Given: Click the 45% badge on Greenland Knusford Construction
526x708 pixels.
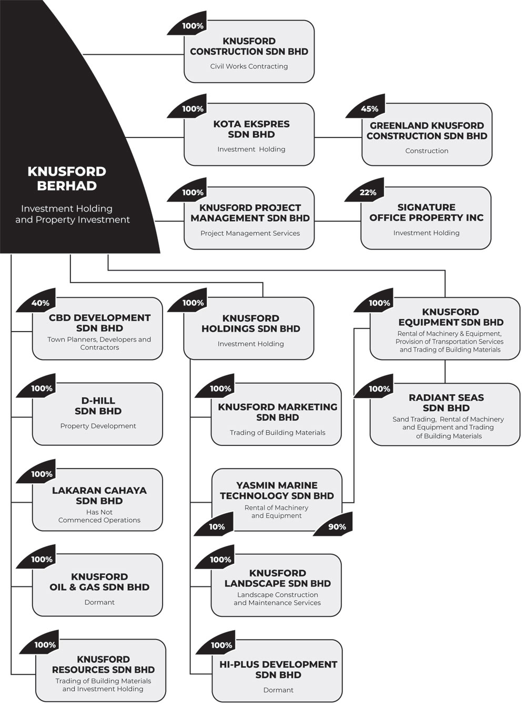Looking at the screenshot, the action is click(x=367, y=107).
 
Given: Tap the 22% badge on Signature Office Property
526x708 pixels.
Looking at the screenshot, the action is click(x=366, y=190).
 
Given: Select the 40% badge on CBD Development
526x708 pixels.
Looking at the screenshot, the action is click(x=37, y=301).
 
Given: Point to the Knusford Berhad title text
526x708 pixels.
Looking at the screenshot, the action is click(x=67, y=178).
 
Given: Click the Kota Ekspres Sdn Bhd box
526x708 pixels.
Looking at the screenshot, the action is click(x=249, y=134).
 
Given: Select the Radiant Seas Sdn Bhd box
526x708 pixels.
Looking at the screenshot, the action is click(x=445, y=414).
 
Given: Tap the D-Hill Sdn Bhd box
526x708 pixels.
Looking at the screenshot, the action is click(x=97, y=414).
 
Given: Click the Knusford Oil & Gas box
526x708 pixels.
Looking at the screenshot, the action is click(x=97, y=585).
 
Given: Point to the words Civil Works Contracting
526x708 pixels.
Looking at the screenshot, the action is click(x=249, y=66).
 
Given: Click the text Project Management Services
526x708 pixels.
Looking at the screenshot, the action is click(x=250, y=233).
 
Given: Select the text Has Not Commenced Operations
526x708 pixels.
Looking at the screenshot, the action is click(x=99, y=516).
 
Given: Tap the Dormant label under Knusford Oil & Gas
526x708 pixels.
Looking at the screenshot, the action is click(x=99, y=602).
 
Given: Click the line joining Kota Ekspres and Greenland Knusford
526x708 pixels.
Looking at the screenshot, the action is click(x=338, y=137).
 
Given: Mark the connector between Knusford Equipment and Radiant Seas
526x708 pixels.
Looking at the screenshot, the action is click(x=445, y=372).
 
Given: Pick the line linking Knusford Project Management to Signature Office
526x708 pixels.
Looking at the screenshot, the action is click(x=338, y=221).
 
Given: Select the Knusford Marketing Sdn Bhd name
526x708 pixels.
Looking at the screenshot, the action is click(x=278, y=412).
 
